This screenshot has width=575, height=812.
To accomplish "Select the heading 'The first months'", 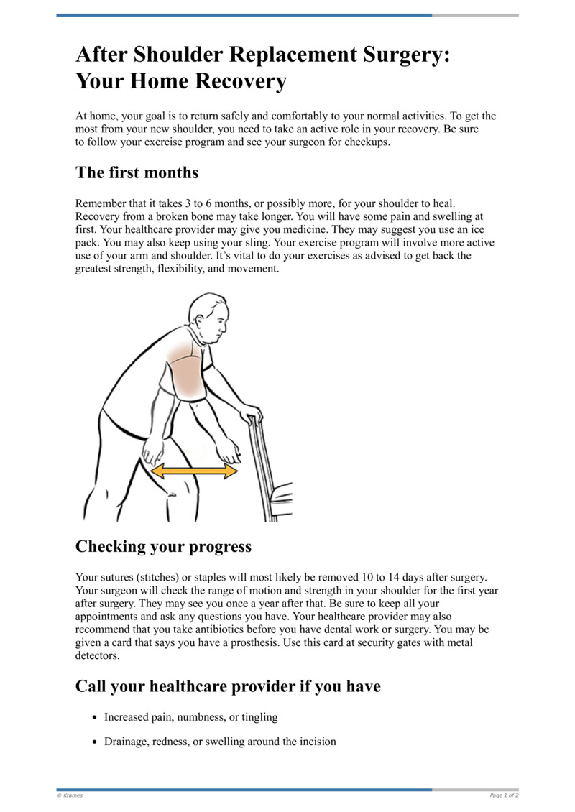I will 137,173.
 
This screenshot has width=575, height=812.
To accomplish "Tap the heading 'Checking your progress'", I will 163,547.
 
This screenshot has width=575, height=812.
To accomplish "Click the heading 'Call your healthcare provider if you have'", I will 228,686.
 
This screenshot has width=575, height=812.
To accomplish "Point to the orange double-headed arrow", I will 194,471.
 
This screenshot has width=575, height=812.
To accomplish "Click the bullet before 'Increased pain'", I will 96,718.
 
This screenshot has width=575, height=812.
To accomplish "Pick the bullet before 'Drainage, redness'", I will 96,742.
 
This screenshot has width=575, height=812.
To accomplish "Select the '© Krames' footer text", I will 70,795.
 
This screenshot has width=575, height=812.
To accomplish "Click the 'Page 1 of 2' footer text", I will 504,795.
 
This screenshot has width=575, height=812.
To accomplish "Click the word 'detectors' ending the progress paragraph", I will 97,656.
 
